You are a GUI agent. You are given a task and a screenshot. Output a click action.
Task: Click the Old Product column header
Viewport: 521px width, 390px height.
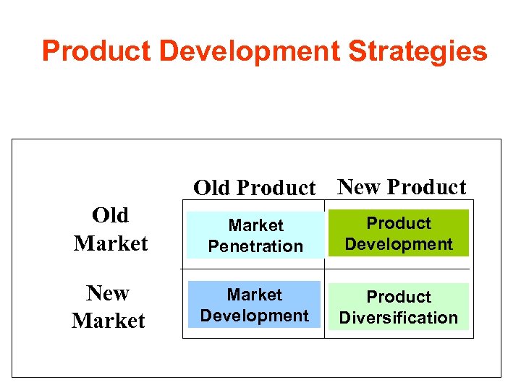pyautogui.click(x=254, y=188)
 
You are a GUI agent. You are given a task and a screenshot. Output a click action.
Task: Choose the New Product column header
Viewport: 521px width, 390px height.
pyautogui.click(x=402, y=187)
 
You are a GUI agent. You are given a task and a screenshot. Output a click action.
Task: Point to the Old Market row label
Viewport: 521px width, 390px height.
pyautogui.click(x=110, y=229)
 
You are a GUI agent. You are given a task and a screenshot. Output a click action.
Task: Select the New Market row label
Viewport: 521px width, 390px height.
pyautogui.click(x=109, y=306)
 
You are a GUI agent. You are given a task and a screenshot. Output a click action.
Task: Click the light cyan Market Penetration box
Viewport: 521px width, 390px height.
pyautogui.click(x=255, y=235)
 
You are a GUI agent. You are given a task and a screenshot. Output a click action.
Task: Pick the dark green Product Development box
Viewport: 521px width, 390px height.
pyautogui.click(x=398, y=233)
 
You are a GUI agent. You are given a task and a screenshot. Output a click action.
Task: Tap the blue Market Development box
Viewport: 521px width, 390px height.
pyautogui.click(x=254, y=305)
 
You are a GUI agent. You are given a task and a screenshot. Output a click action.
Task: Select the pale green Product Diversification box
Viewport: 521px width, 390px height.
pyautogui.click(x=398, y=307)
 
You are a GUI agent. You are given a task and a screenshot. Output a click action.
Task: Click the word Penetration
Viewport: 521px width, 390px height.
pyautogui.click(x=255, y=246)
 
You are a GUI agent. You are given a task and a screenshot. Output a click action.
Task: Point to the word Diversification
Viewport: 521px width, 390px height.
pyautogui.click(x=398, y=318)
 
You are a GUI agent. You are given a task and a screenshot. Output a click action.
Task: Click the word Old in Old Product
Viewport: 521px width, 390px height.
pyautogui.click(x=211, y=188)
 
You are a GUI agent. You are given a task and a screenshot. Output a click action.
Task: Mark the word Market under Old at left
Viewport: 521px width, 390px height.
pyautogui.click(x=110, y=243)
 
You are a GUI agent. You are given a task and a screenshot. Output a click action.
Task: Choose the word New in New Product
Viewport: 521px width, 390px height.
pyautogui.click(x=359, y=187)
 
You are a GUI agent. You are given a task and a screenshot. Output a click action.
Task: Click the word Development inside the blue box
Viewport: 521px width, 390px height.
pyautogui.click(x=254, y=316)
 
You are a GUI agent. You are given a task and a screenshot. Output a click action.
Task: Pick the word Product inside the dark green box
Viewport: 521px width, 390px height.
pyautogui.click(x=398, y=223)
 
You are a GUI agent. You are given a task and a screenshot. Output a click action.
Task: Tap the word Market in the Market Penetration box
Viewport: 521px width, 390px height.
pyautogui.click(x=255, y=226)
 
